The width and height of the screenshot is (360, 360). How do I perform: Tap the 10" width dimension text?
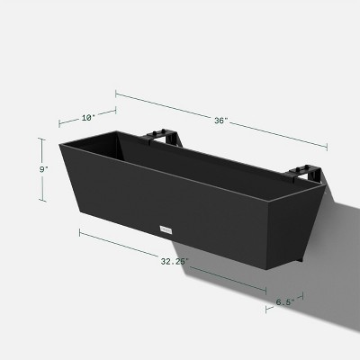coord(86,115)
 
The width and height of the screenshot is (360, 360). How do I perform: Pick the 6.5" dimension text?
coord(284,303)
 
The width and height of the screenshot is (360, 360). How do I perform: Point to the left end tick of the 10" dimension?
coord(60,122)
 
